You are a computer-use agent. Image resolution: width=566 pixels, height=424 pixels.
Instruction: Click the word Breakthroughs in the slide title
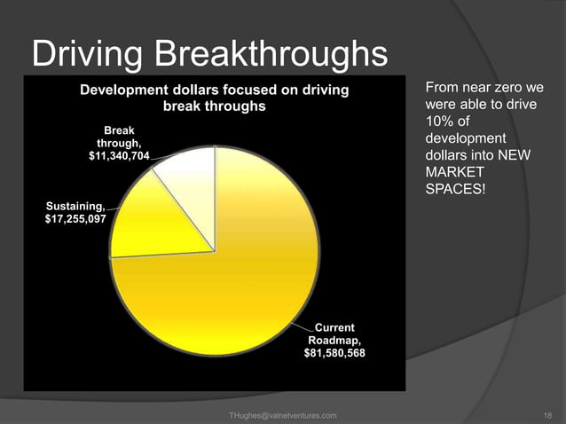tap(271, 55)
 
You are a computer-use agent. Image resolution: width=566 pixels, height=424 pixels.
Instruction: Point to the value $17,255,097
tap(75, 217)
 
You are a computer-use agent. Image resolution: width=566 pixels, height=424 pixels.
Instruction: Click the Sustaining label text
tap(74, 205)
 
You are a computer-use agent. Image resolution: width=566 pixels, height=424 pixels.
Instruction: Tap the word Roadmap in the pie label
tap(334, 340)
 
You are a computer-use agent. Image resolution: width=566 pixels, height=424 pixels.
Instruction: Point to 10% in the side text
tap(438, 122)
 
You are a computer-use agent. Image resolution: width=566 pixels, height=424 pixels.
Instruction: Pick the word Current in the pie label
tap(334, 327)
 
